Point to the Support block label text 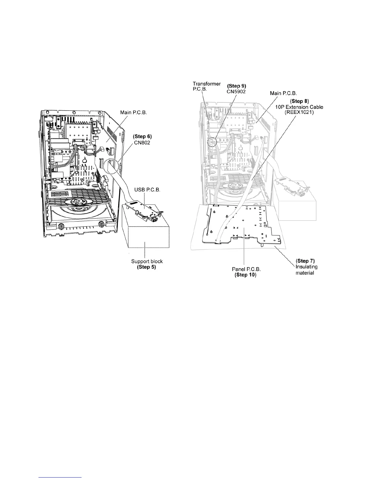point(147,261)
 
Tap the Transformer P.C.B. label point(206,86)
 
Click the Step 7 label point(306,261)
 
